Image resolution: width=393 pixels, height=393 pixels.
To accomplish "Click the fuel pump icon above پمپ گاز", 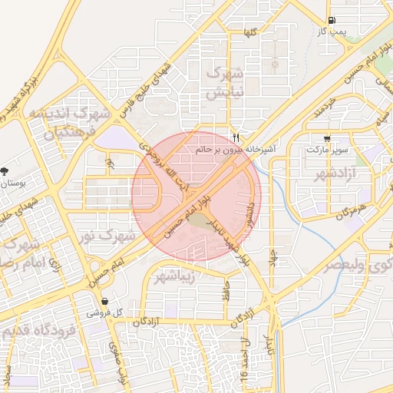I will (331, 21).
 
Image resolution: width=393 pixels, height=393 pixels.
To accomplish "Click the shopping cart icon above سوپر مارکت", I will (328, 139).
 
